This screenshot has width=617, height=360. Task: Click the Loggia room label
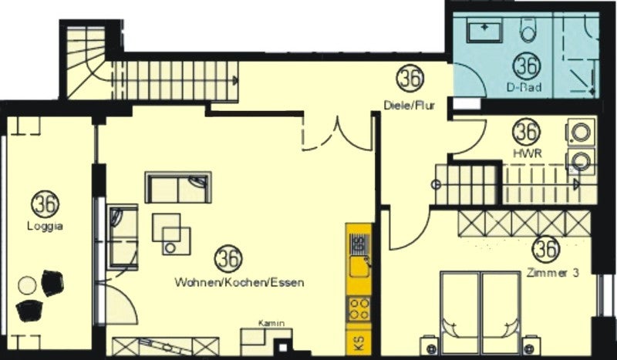(x=45, y=226)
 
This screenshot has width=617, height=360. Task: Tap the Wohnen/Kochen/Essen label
(x=239, y=282)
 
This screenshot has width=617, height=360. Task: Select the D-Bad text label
(x=524, y=87)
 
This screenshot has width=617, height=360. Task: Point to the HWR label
(x=528, y=154)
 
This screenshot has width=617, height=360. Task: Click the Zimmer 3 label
(x=553, y=273)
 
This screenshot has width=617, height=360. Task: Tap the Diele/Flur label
(x=410, y=105)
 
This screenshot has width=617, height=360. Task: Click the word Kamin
(x=271, y=324)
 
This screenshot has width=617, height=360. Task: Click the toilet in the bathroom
(x=528, y=30)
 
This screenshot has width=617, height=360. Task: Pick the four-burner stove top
(x=359, y=309)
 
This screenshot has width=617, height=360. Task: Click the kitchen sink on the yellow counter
(x=359, y=256)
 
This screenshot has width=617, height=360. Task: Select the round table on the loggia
(x=27, y=285)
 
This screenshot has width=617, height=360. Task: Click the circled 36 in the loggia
(x=45, y=204)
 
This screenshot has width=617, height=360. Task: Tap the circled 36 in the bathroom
(x=527, y=66)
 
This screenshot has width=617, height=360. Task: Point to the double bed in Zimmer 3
(x=480, y=312)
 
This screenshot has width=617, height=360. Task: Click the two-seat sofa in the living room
(x=178, y=187)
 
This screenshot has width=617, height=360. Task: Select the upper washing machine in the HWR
(x=581, y=132)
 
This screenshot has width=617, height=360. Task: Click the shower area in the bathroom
(x=576, y=55)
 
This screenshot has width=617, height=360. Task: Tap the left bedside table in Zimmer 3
(x=429, y=346)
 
